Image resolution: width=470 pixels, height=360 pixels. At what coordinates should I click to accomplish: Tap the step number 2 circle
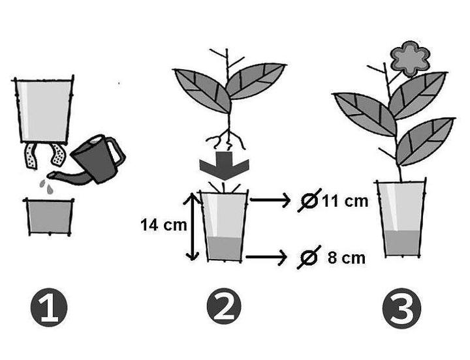(x=224, y=307)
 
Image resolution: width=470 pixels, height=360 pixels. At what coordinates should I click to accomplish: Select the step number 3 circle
(x=401, y=308)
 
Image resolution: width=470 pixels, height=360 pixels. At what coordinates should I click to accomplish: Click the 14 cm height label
(x=164, y=224)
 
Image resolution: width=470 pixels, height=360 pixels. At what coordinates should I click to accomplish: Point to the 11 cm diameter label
(x=345, y=201)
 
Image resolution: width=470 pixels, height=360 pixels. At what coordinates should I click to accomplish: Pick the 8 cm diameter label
(x=347, y=258)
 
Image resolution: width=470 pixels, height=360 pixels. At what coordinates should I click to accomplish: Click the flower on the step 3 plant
(x=411, y=58)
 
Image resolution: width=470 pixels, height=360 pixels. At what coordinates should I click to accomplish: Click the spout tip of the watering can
(x=48, y=175)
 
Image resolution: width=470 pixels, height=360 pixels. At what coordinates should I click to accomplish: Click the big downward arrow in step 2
(x=224, y=166)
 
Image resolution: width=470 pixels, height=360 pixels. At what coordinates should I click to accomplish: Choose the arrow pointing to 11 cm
(x=270, y=200)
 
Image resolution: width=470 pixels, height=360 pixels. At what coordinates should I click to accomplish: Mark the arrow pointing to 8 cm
(x=266, y=257)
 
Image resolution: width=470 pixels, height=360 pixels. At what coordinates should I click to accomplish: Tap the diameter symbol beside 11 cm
(x=309, y=200)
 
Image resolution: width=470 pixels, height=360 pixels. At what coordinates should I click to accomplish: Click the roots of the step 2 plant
(x=225, y=139)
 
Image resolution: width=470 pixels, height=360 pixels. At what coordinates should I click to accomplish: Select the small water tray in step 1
(x=50, y=217)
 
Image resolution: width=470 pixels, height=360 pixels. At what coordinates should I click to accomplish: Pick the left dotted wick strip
(x=31, y=156)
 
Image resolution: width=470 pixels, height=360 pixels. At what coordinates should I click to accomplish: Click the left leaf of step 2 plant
(x=202, y=91)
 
